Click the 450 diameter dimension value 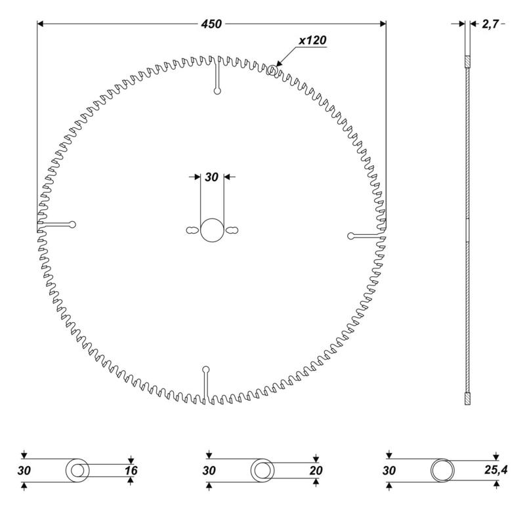point(211,24)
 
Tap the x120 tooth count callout point(312,40)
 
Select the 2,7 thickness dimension point(490,24)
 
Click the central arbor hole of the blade point(212,230)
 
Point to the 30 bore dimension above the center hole point(211,177)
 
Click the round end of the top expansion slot point(217,91)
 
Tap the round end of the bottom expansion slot point(206,369)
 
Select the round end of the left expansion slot point(72,224)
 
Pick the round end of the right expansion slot point(351,236)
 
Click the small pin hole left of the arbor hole point(192,230)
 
